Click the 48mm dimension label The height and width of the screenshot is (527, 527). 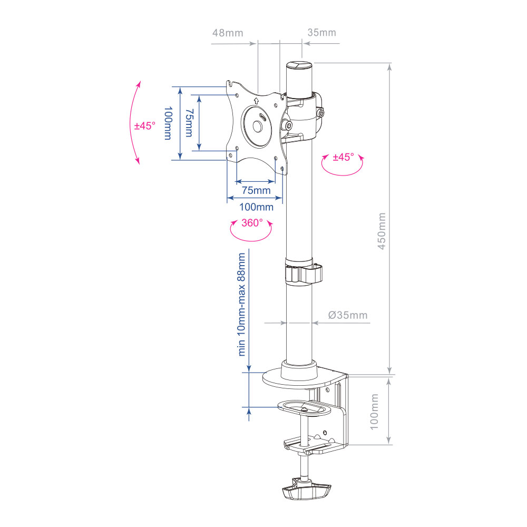(x=228, y=33)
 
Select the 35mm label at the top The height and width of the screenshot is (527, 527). (x=321, y=33)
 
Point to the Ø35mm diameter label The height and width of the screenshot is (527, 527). (x=347, y=316)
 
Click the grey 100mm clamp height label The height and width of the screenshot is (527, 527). (x=374, y=411)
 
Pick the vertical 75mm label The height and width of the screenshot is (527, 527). (x=189, y=122)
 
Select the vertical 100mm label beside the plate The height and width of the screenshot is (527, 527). (x=168, y=123)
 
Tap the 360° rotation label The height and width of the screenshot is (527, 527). (x=252, y=223)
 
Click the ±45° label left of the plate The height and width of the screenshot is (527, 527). (x=145, y=126)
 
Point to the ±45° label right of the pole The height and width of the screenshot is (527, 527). (x=343, y=158)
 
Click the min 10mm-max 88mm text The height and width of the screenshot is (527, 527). (x=242, y=305)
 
